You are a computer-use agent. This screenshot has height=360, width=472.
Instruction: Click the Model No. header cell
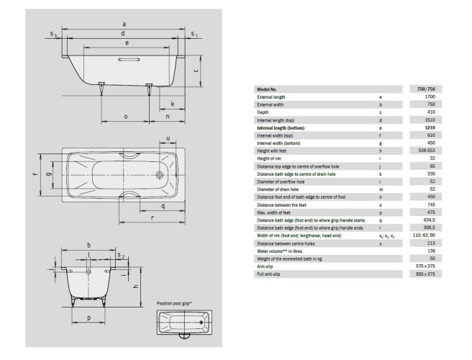(268, 89)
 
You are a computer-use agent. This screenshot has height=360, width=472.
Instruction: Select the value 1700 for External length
(430, 96)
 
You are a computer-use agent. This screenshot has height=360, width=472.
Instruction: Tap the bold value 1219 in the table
(430, 127)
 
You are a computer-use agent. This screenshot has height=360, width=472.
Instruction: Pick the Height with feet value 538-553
(429, 150)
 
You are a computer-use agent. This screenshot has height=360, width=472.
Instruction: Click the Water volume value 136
(430, 251)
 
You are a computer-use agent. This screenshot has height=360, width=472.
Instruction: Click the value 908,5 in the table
(429, 228)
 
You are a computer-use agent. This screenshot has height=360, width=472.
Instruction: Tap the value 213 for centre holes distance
(430, 243)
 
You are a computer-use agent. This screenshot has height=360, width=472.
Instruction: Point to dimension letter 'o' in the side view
(125, 116)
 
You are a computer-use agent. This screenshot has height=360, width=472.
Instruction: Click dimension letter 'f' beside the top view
(33, 173)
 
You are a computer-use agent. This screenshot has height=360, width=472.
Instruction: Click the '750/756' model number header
(430, 89)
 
